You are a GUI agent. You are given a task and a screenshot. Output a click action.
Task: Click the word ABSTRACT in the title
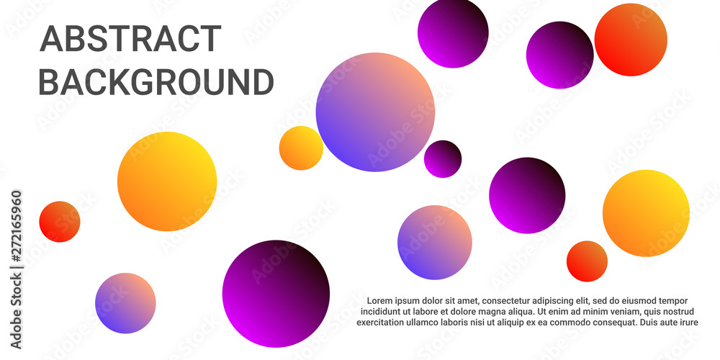(131, 39)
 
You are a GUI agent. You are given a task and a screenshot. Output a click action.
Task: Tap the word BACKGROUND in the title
(156, 82)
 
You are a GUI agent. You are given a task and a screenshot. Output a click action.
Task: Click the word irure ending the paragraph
(688, 323)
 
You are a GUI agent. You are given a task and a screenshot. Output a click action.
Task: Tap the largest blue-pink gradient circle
(375, 112)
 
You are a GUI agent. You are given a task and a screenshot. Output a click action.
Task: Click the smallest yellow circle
(301, 148)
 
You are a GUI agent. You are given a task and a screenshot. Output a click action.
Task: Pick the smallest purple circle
(443, 159)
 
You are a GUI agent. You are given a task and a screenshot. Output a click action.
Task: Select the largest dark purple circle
(276, 294)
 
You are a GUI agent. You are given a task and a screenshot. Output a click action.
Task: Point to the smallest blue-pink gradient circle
(125, 303)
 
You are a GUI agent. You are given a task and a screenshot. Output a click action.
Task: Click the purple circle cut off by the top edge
(453, 33)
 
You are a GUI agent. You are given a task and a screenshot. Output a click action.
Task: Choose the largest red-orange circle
(631, 40)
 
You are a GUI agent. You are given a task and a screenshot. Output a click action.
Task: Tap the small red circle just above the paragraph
(587, 261)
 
